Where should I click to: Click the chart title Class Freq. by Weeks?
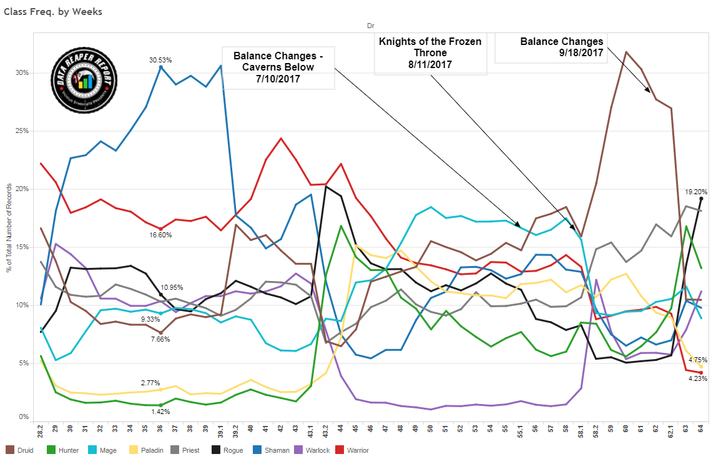[53, 11]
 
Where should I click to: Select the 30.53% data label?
[160, 60]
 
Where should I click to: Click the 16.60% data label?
[160, 235]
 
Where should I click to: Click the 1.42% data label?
[160, 413]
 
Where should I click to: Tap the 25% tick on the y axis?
[22, 131]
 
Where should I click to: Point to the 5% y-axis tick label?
[24, 363]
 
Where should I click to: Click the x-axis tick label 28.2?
[41, 432]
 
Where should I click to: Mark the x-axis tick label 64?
[700, 430]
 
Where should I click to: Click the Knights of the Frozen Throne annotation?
[430, 47]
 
